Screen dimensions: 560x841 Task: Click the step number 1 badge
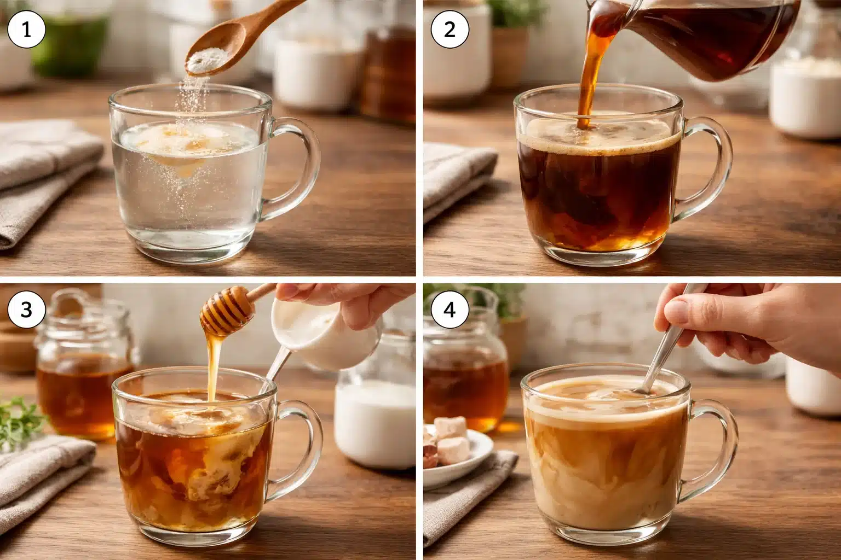point(26,29)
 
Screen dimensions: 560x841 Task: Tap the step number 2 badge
point(449,29)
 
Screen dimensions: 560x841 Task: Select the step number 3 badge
point(26,310)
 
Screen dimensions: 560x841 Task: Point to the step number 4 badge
point(449,310)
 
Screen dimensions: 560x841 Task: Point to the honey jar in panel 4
point(465,372)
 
